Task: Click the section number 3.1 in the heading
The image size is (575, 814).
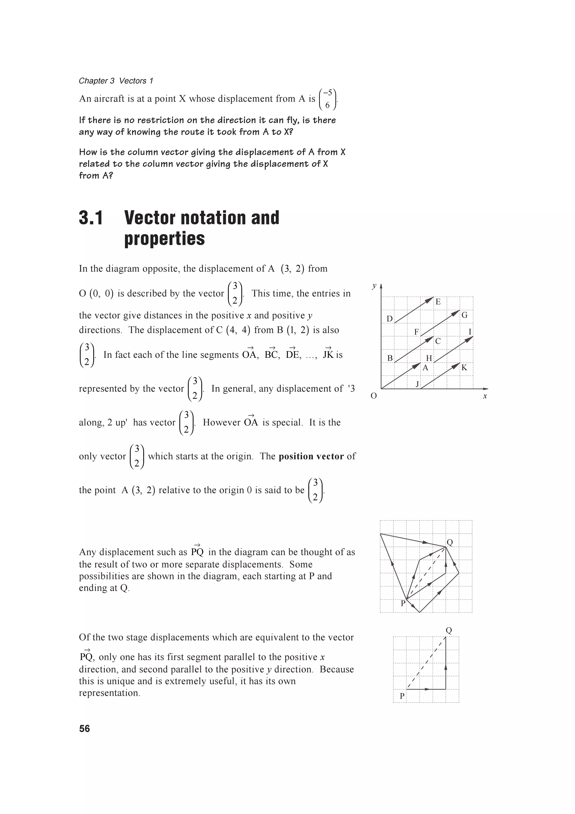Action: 91,218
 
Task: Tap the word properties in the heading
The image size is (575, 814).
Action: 165,238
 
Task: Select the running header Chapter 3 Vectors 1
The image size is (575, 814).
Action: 116,81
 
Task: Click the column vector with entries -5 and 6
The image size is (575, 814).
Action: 328,99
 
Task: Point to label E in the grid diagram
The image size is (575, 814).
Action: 438,302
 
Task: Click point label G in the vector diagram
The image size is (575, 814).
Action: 464,315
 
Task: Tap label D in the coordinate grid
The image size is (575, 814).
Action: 389,319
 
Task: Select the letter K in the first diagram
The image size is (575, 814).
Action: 464,368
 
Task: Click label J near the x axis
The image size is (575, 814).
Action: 417,384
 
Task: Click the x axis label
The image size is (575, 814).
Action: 485,396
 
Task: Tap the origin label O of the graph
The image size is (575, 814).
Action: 373,396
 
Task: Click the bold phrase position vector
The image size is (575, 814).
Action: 311,456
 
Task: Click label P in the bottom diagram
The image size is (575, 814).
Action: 402,696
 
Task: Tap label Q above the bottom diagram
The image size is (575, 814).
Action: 449,630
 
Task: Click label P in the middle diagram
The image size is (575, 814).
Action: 403,603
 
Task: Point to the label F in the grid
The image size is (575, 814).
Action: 416,332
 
